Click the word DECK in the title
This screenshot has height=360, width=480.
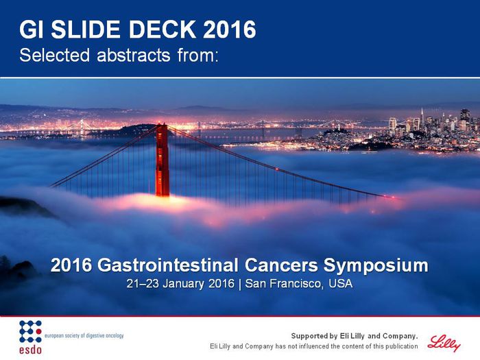(x=163, y=29)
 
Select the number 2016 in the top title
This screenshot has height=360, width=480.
(x=230, y=29)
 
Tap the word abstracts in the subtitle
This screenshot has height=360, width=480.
(x=134, y=55)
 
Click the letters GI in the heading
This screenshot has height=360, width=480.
(x=32, y=29)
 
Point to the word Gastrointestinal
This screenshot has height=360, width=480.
(x=168, y=265)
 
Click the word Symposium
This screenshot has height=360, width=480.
(x=376, y=266)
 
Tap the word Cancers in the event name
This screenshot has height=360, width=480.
(x=281, y=265)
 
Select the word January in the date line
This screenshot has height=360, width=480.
(x=183, y=284)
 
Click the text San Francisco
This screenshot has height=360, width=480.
(x=283, y=284)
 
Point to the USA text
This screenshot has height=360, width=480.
(x=340, y=284)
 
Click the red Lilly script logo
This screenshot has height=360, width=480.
(x=444, y=344)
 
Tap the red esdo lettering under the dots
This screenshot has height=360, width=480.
(x=30, y=349)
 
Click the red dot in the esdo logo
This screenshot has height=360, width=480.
(x=38, y=331)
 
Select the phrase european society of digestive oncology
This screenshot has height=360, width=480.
(x=84, y=335)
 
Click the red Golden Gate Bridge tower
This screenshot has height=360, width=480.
(x=163, y=160)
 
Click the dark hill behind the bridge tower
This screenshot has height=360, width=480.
(x=134, y=130)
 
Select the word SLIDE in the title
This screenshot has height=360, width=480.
(x=86, y=29)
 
